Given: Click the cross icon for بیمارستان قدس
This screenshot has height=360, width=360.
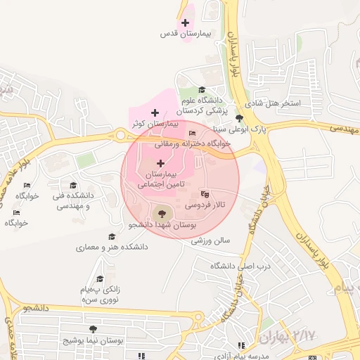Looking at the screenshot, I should pyautogui.click(x=185, y=23).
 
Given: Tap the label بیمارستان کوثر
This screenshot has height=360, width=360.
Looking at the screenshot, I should pyautogui.click(x=157, y=124).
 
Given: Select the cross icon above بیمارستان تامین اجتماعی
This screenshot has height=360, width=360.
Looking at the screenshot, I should pyautogui.click(x=161, y=163).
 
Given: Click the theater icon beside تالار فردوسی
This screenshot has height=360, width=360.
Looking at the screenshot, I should pyautogui.click(x=205, y=193).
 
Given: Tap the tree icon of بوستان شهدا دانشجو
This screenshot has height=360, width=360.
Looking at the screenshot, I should pyautogui.click(x=161, y=213).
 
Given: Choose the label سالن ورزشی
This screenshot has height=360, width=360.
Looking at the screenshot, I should pyautogui.click(x=211, y=241).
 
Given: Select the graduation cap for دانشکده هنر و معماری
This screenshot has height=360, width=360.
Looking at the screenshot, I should pyautogui.click(x=111, y=237).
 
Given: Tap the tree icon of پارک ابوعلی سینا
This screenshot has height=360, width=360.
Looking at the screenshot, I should pyautogui.click(x=240, y=118).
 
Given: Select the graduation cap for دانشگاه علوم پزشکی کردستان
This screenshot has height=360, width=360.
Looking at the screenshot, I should pyautogui.click(x=202, y=89).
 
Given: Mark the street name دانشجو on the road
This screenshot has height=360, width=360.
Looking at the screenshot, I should pyautogui.click(x=34, y=308).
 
